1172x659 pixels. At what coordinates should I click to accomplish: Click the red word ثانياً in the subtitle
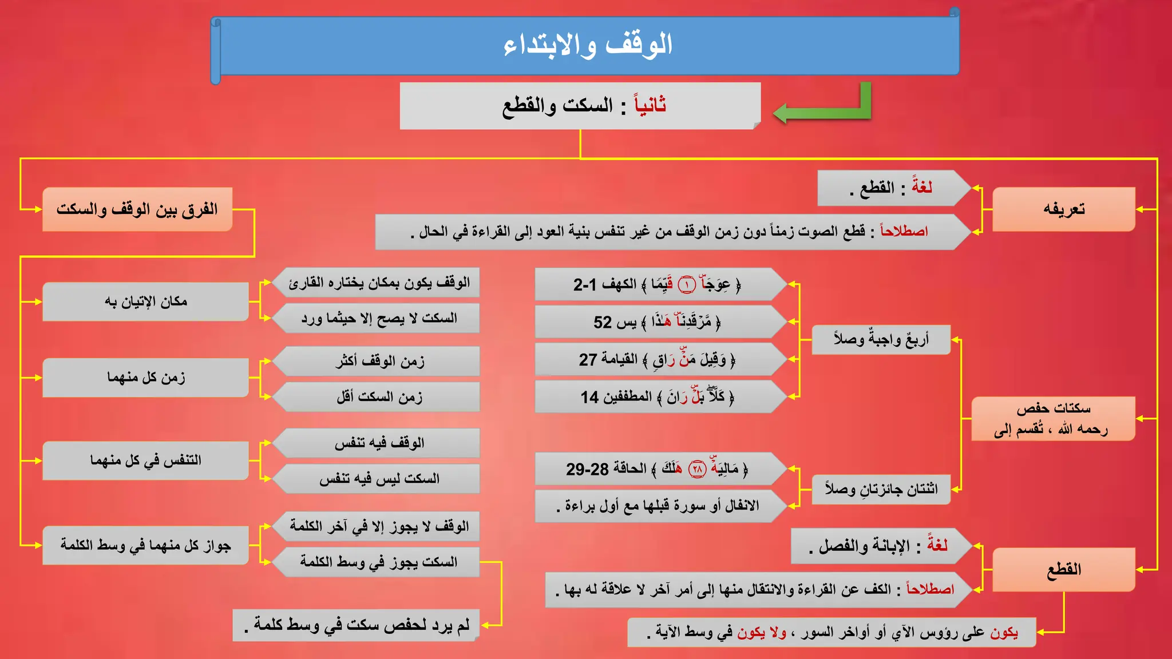click(x=650, y=105)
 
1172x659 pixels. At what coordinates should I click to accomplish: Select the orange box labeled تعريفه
click(x=1063, y=209)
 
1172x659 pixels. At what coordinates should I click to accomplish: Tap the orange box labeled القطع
click(x=1063, y=570)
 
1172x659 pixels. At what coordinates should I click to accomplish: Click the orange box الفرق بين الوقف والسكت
click(x=137, y=209)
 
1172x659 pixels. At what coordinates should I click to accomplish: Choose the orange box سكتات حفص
click(x=1053, y=419)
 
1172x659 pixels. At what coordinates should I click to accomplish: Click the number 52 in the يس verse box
click(x=602, y=323)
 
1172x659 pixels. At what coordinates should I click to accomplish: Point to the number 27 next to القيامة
click(x=588, y=360)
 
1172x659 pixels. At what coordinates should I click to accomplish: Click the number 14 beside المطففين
click(x=589, y=398)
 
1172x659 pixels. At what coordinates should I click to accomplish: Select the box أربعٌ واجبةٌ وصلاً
click(x=881, y=340)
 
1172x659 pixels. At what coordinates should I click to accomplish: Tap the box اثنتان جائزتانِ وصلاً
click(x=881, y=489)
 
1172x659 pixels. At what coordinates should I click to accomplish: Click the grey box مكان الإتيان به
click(x=146, y=301)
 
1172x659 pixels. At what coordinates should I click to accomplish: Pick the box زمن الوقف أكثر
click(x=379, y=361)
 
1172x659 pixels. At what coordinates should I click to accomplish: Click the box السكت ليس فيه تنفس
click(x=379, y=479)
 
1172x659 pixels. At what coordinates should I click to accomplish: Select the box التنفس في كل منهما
click(x=146, y=460)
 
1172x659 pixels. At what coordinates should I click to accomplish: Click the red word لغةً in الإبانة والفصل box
click(x=937, y=545)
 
